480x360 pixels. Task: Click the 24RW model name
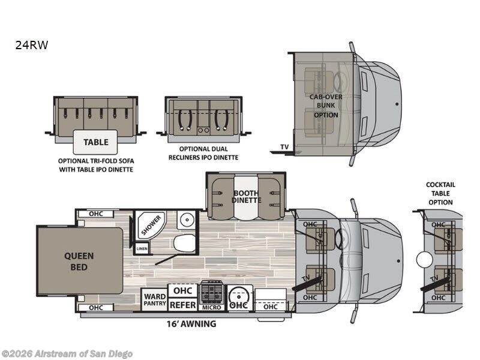click(x=32, y=45)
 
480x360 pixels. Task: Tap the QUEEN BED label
click(x=79, y=262)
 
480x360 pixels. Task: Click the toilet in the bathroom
click(x=185, y=243)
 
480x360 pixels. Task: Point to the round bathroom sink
click(x=186, y=220)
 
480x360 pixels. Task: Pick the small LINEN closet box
click(x=142, y=248)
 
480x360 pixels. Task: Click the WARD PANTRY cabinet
click(x=155, y=299)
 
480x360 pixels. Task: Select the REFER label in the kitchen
click(x=183, y=305)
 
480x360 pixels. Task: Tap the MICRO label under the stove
click(x=212, y=307)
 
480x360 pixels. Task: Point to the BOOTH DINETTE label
click(x=247, y=197)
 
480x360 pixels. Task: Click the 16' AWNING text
click(x=191, y=323)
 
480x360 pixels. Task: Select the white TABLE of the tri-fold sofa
click(x=95, y=142)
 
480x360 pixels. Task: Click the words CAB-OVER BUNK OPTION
click(x=326, y=106)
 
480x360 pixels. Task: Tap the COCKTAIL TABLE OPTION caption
click(x=440, y=193)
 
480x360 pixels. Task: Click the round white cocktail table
click(x=425, y=260)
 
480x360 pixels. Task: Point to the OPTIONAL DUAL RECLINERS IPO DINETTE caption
click(x=203, y=153)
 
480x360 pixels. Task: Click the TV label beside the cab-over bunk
click(x=284, y=147)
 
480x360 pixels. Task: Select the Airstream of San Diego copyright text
click(x=67, y=354)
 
